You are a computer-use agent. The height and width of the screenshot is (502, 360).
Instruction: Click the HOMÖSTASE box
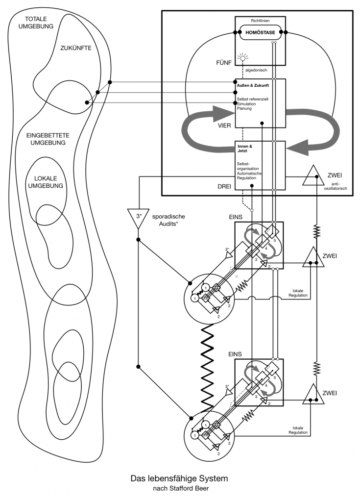[x=260, y=33]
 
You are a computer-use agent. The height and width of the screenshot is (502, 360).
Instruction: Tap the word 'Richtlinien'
[x=260, y=21]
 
